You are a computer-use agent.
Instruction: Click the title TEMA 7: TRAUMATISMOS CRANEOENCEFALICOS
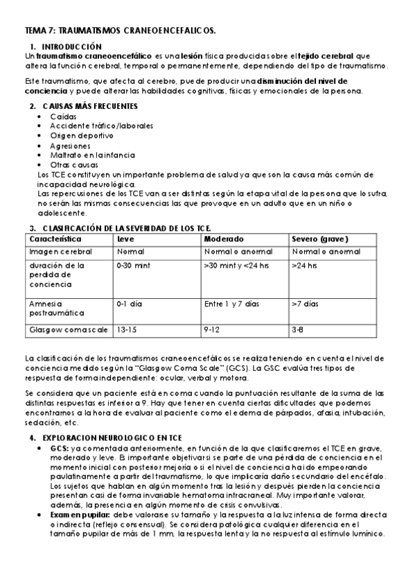(x=120, y=31)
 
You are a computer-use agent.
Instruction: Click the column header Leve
(x=125, y=239)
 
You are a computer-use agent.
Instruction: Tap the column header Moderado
(x=222, y=239)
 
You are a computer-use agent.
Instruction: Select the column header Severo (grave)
(x=319, y=239)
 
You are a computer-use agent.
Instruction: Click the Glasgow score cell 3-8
(x=297, y=330)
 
